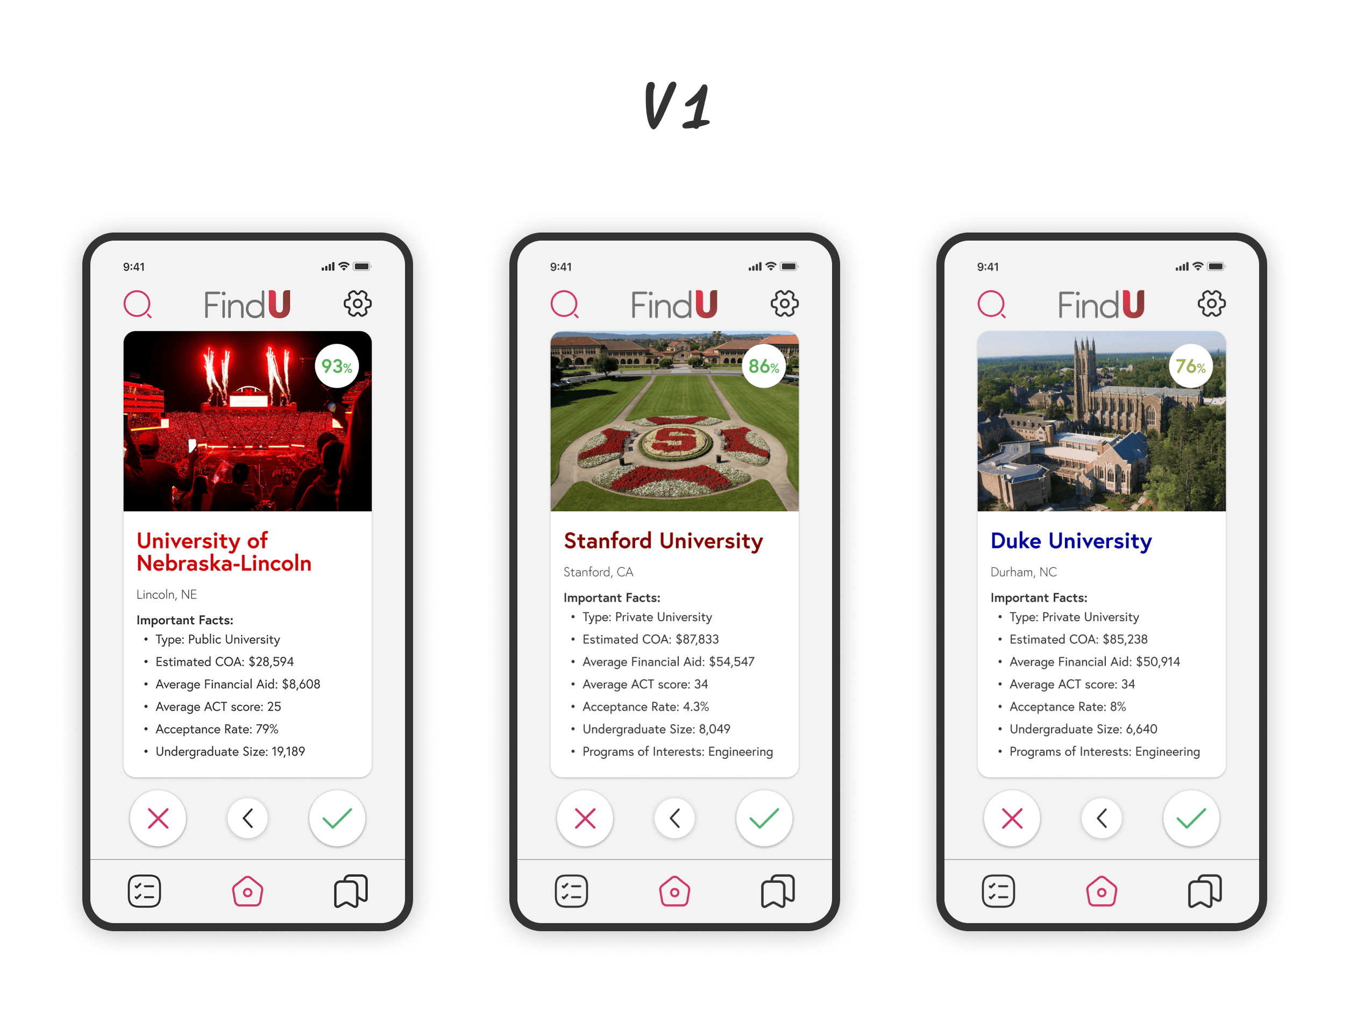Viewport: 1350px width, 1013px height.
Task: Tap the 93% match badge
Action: tap(336, 366)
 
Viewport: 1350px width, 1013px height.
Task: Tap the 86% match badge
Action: tap(764, 366)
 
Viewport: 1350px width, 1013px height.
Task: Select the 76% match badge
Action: tap(1190, 366)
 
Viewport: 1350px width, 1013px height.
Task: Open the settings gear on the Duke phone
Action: tap(1211, 303)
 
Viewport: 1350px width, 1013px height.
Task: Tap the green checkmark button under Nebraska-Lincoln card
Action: tap(337, 818)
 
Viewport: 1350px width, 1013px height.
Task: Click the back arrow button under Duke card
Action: tap(1102, 818)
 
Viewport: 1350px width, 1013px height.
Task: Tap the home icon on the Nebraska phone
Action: tap(247, 891)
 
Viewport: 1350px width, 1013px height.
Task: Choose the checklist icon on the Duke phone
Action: tap(998, 891)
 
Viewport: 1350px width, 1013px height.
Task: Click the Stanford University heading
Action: tap(663, 541)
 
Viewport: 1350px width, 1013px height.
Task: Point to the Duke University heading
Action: tap(1070, 541)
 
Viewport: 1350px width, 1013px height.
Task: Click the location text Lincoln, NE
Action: tap(166, 594)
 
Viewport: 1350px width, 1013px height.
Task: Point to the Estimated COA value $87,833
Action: tap(697, 639)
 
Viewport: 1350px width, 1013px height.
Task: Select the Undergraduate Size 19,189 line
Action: tap(230, 751)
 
